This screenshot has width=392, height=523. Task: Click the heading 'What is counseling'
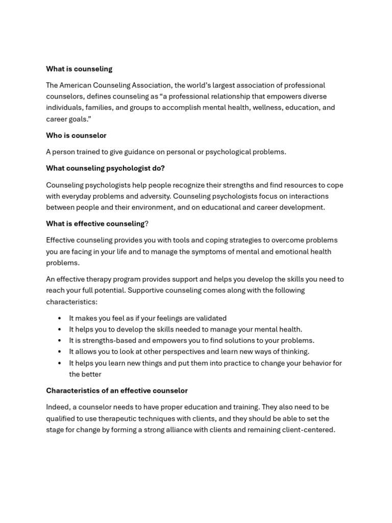pyautogui.click(x=79, y=69)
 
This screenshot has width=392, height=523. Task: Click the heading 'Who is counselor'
pyautogui.click(x=76, y=135)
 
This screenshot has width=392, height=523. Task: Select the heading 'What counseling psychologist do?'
pyautogui.click(x=105, y=168)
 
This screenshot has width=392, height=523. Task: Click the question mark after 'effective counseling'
pyautogui.click(x=146, y=224)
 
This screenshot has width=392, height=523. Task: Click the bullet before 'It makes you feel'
pyautogui.click(x=60, y=318)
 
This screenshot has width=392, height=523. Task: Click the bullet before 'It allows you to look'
pyautogui.click(x=60, y=352)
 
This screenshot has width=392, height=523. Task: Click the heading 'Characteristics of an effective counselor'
pyautogui.click(x=117, y=391)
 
